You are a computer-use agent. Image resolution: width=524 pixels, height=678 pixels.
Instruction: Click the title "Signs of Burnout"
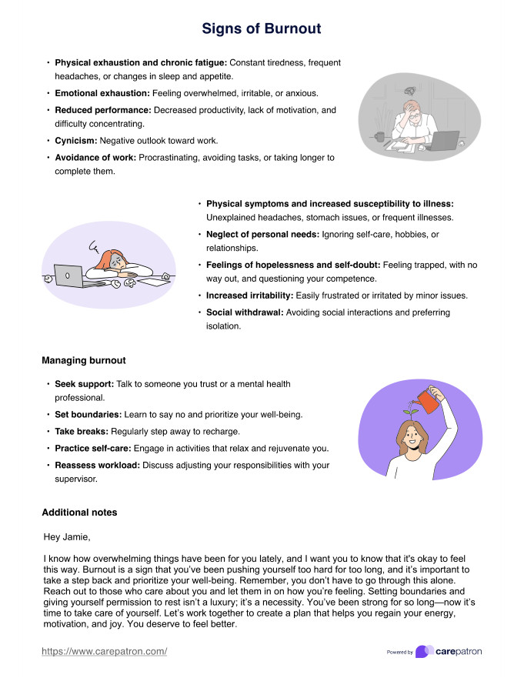262,29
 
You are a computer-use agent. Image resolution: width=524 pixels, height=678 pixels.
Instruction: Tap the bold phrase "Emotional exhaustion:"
102,92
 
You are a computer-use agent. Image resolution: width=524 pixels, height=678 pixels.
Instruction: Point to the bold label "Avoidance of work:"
95,157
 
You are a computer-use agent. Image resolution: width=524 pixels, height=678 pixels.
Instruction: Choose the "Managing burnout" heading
84,360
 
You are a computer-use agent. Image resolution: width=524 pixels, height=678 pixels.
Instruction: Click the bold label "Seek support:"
85,383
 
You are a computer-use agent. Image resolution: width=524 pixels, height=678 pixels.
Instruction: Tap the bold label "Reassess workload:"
97,465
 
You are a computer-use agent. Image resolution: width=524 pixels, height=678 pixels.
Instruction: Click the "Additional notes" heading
79,512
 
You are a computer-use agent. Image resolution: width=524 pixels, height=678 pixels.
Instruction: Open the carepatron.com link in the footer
104,652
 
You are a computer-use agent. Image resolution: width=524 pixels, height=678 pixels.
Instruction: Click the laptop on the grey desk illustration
444,140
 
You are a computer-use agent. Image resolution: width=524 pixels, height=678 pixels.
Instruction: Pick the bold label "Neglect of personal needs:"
262,233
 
